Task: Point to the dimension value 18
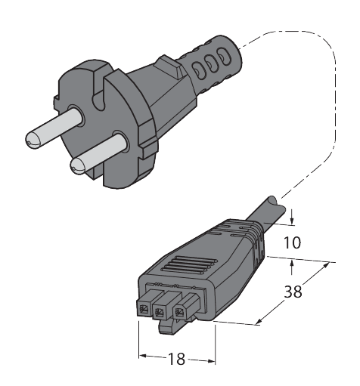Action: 176,360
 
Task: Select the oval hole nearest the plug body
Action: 202,67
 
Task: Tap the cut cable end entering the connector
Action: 272,205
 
